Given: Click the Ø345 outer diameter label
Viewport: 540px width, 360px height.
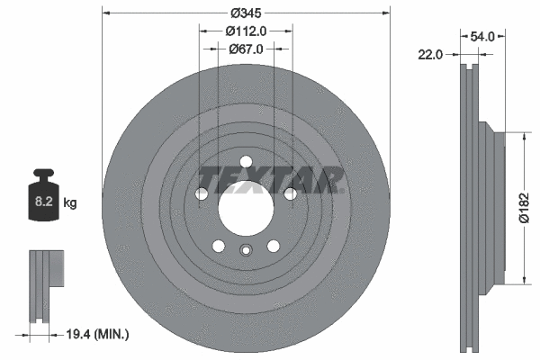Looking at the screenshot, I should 246,13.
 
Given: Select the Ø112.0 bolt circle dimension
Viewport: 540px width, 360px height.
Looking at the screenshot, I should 246,31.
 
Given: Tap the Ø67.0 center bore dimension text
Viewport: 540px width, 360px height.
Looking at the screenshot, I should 246,49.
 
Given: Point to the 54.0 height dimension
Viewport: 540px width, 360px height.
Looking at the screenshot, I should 483,37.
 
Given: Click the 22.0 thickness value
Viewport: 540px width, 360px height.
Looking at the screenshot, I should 432,56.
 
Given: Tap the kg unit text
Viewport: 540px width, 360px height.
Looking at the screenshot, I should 70,203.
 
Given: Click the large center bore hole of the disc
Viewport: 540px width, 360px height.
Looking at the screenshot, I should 246,210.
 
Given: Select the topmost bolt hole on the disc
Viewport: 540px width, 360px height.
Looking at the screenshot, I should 246,163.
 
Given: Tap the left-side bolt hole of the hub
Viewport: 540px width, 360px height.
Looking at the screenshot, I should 202,194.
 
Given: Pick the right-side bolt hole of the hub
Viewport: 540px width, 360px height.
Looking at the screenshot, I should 290,194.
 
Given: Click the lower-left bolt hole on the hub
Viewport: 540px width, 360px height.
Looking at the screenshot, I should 219,246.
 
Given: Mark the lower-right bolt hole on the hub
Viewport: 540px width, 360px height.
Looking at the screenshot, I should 273,246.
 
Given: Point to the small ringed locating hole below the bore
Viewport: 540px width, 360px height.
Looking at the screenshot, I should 246,253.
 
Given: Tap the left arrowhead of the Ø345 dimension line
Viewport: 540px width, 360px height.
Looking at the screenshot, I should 105,13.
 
